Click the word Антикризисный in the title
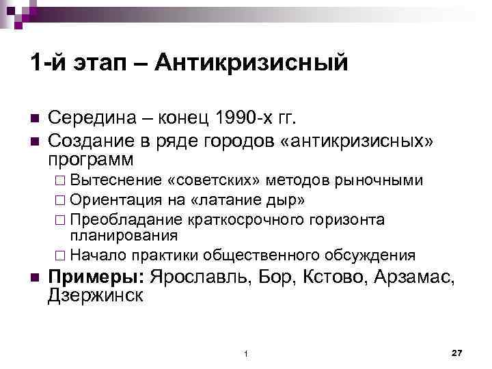251,63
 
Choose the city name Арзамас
416,278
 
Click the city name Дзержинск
96,298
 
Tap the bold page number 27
458,351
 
